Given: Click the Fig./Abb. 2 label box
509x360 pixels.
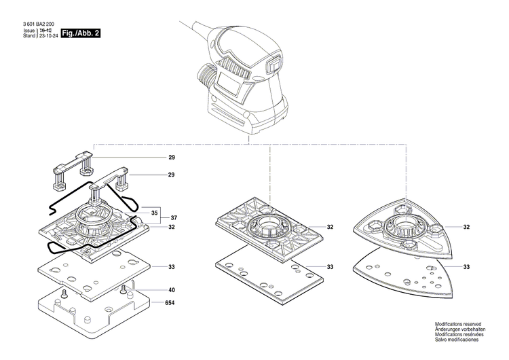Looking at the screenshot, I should pos(80,33).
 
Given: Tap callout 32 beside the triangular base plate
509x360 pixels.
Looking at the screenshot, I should pos(466,227).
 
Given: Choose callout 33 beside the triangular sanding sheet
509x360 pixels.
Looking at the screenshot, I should pos(466,266).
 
